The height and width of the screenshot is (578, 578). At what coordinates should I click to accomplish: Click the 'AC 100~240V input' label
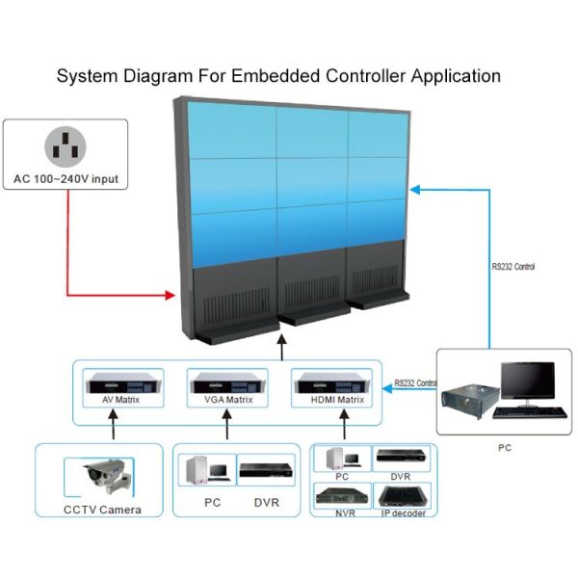(x=66, y=179)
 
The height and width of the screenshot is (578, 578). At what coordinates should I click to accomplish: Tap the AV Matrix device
(x=114, y=380)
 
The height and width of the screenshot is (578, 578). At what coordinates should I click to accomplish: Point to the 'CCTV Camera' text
(x=102, y=510)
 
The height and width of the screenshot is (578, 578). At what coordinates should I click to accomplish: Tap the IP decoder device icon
(x=403, y=495)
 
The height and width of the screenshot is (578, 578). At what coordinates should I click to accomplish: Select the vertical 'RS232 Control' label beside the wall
(x=512, y=266)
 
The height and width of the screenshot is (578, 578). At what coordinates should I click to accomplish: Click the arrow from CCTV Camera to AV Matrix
(x=114, y=424)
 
